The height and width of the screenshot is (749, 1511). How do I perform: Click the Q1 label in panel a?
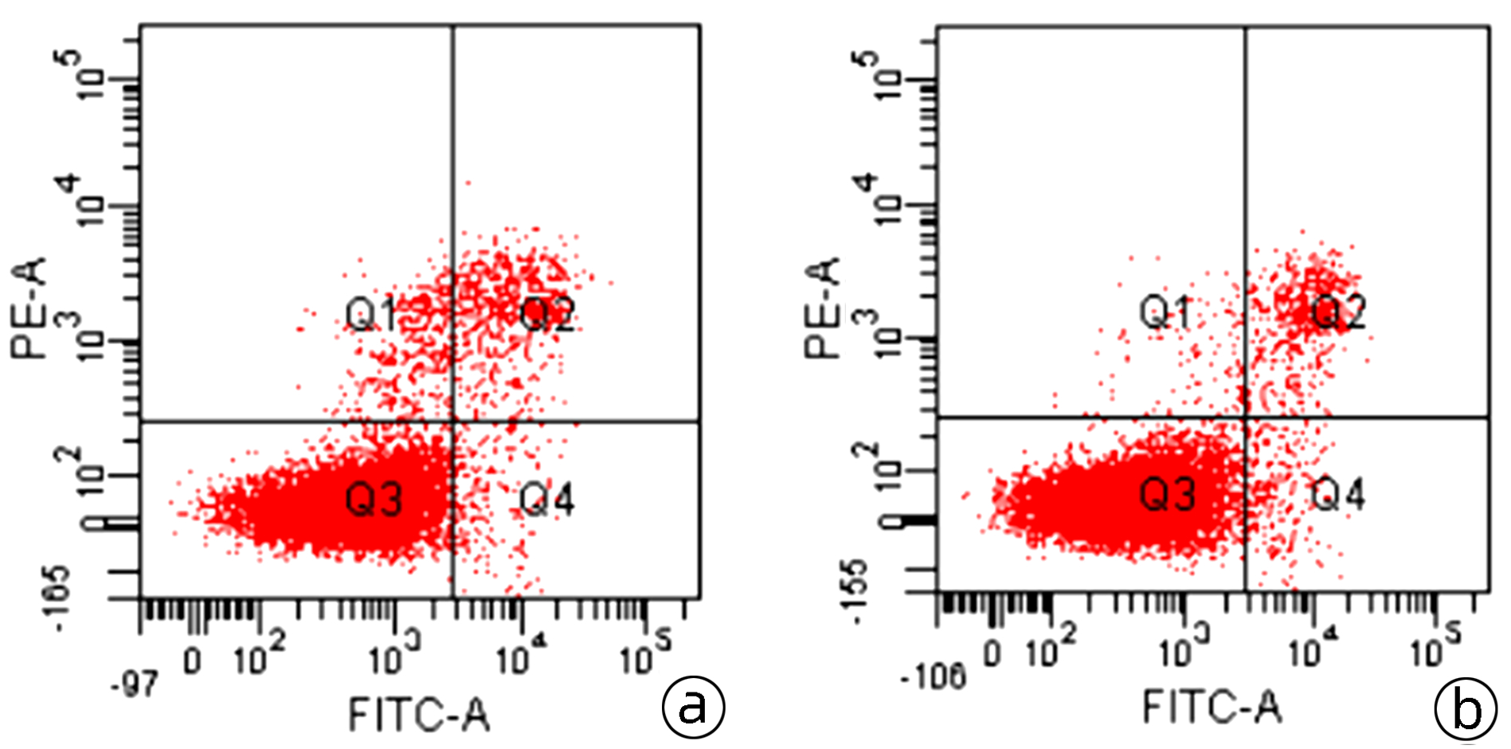click(370, 315)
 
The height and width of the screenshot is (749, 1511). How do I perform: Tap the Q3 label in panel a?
click(373, 500)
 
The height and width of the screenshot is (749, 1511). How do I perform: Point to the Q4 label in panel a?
click(546, 500)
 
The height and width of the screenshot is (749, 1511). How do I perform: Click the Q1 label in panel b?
click(1165, 312)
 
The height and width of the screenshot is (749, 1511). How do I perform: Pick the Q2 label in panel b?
click(1338, 312)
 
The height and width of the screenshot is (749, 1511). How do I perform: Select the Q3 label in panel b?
click(1167, 495)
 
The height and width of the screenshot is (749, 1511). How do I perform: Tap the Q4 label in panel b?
click(1338, 495)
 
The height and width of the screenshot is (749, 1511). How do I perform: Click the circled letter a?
click(693, 706)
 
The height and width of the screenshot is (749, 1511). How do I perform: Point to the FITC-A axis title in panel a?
click(419, 714)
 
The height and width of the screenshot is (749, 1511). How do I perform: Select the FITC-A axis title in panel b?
click(1212, 707)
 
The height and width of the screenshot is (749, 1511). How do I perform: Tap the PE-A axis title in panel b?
click(823, 308)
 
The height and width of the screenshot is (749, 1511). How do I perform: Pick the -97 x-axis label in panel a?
click(135, 685)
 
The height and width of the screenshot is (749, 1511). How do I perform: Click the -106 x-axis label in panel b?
click(933, 678)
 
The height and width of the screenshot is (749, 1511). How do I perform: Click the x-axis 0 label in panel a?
click(193, 661)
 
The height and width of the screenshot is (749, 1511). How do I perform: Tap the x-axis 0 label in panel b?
click(992, 653)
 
